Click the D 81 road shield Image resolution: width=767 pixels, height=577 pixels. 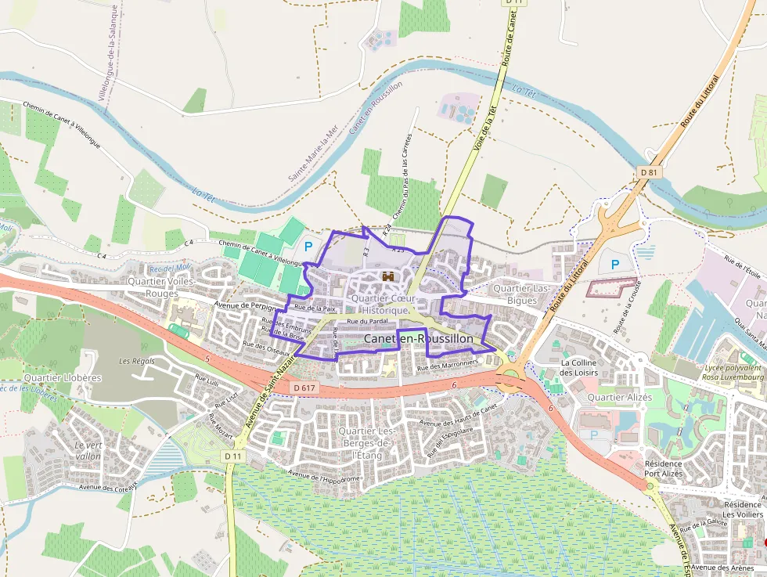click(x=647, y=171)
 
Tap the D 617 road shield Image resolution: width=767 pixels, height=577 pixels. click(x=306, y=388)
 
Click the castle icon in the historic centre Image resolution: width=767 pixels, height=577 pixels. click(x=387, y=276)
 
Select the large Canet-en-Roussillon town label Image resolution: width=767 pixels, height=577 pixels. click(x=419, y=338)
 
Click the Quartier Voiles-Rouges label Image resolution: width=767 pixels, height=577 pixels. click(x=162, y=287)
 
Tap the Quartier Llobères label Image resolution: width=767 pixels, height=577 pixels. click(x=63, y=377)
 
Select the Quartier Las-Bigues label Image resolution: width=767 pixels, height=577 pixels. click(x=521, y=294)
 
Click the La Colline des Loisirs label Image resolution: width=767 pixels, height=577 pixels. click(x=579, y=367)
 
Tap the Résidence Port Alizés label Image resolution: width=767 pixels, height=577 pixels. click(x=663, y=468)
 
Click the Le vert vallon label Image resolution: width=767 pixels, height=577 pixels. click(x=88, y=450)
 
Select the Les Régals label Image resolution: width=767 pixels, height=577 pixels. click(x=137, y=361)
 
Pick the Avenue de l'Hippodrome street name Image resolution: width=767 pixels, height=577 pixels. click(x=324, y=475)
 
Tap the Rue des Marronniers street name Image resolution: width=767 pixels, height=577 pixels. click(x=447, y=365)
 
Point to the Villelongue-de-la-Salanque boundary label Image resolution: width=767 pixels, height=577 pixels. click(x=107, y=52)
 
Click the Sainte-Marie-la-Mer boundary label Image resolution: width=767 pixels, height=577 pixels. click(x=311, y=153)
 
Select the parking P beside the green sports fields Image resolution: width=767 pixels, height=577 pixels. click(x=308, y=246)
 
